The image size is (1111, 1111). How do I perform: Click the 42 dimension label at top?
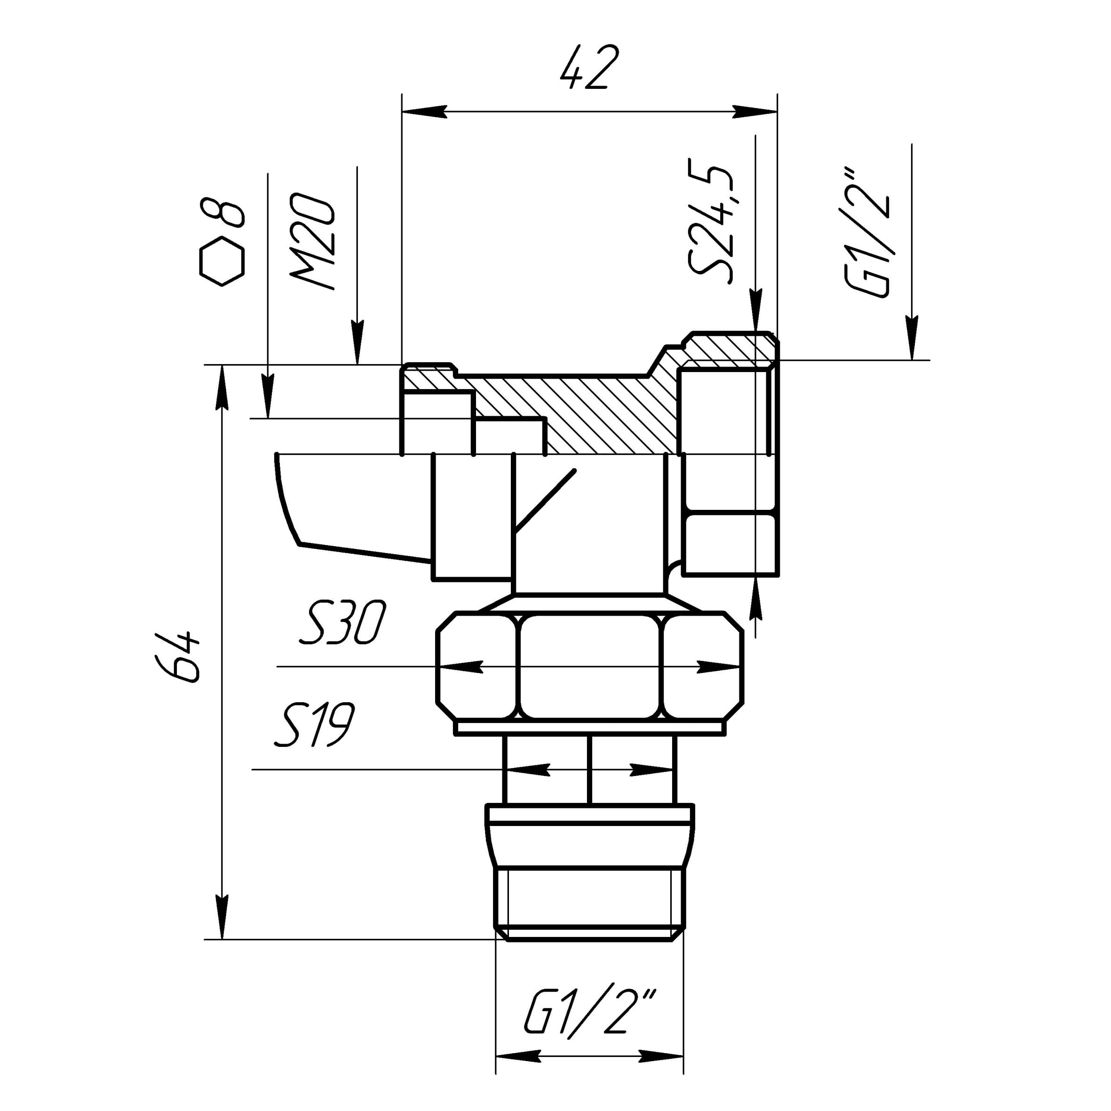click(x=589, y=68)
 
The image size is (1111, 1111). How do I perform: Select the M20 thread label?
click(x=313, y=241)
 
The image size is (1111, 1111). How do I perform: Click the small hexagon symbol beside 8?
click(x=222, y=261)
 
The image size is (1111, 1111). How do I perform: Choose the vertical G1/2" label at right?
click(x=866, y=232)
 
